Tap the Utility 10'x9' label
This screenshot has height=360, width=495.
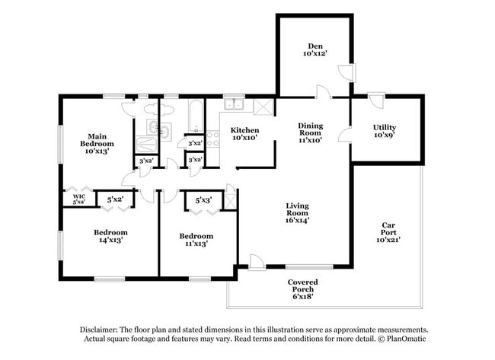385,131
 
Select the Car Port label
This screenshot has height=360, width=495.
388,232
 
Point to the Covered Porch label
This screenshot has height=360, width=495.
303,289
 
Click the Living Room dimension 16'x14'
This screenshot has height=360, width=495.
297,220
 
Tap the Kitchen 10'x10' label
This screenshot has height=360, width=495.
245,134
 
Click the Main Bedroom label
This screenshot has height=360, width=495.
97,144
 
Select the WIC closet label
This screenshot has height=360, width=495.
79,199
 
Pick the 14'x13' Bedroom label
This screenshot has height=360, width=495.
111,236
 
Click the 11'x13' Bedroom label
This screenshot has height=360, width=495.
196,240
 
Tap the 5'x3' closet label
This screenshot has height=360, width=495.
203,200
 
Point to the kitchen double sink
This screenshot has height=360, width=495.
234,104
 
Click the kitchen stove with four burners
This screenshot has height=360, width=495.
212,139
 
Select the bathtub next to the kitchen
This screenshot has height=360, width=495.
196,116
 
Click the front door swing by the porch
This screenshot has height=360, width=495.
257,262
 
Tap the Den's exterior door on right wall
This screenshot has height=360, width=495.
346,73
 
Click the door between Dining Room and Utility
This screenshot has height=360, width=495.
345,135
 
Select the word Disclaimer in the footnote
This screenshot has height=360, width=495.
99,330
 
